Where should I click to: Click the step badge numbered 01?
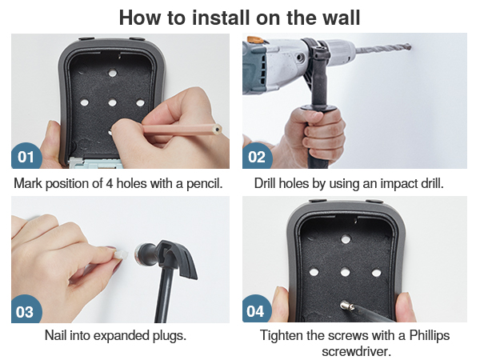tap(26, 156)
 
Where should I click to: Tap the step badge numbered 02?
tap(257, 156)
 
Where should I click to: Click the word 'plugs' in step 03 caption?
tap(170, 335)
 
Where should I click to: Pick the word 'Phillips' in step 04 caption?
tap(429, 335)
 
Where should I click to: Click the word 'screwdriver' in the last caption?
tap(356, 351)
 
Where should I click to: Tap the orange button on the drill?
tap(254, 39)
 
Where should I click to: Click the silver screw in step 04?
tap(346, 305)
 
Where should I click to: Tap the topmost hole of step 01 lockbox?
tap(113, 73)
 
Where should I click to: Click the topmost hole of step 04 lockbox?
tap(346, 238)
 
